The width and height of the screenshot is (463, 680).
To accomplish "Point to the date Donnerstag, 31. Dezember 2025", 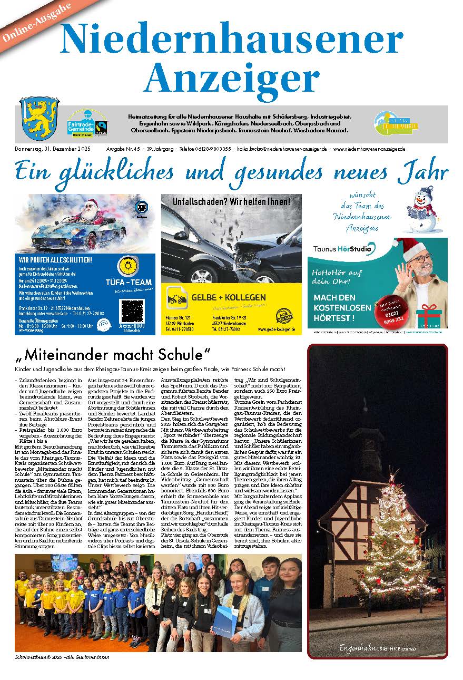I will pos(53,149).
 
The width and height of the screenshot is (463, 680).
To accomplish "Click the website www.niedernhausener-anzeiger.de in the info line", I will pos(369,149).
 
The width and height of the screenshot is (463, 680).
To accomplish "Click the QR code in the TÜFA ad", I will pos(132,311).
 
